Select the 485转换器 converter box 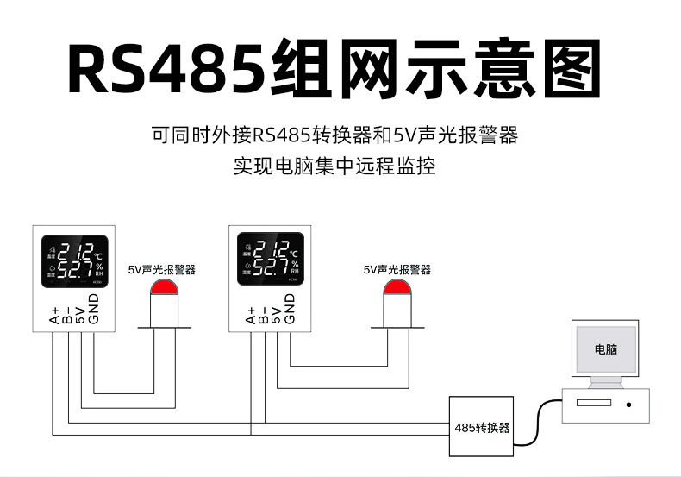pyautogui.click(x=482, y=426)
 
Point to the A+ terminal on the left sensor pyautogui.click(x=53, y=316)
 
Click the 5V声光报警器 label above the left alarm pyautogui.click(x=162, y=270)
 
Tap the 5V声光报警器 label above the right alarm pyautogui.click(x=397, y=270)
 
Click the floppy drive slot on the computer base pyautogui.click(x=593, y=403)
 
